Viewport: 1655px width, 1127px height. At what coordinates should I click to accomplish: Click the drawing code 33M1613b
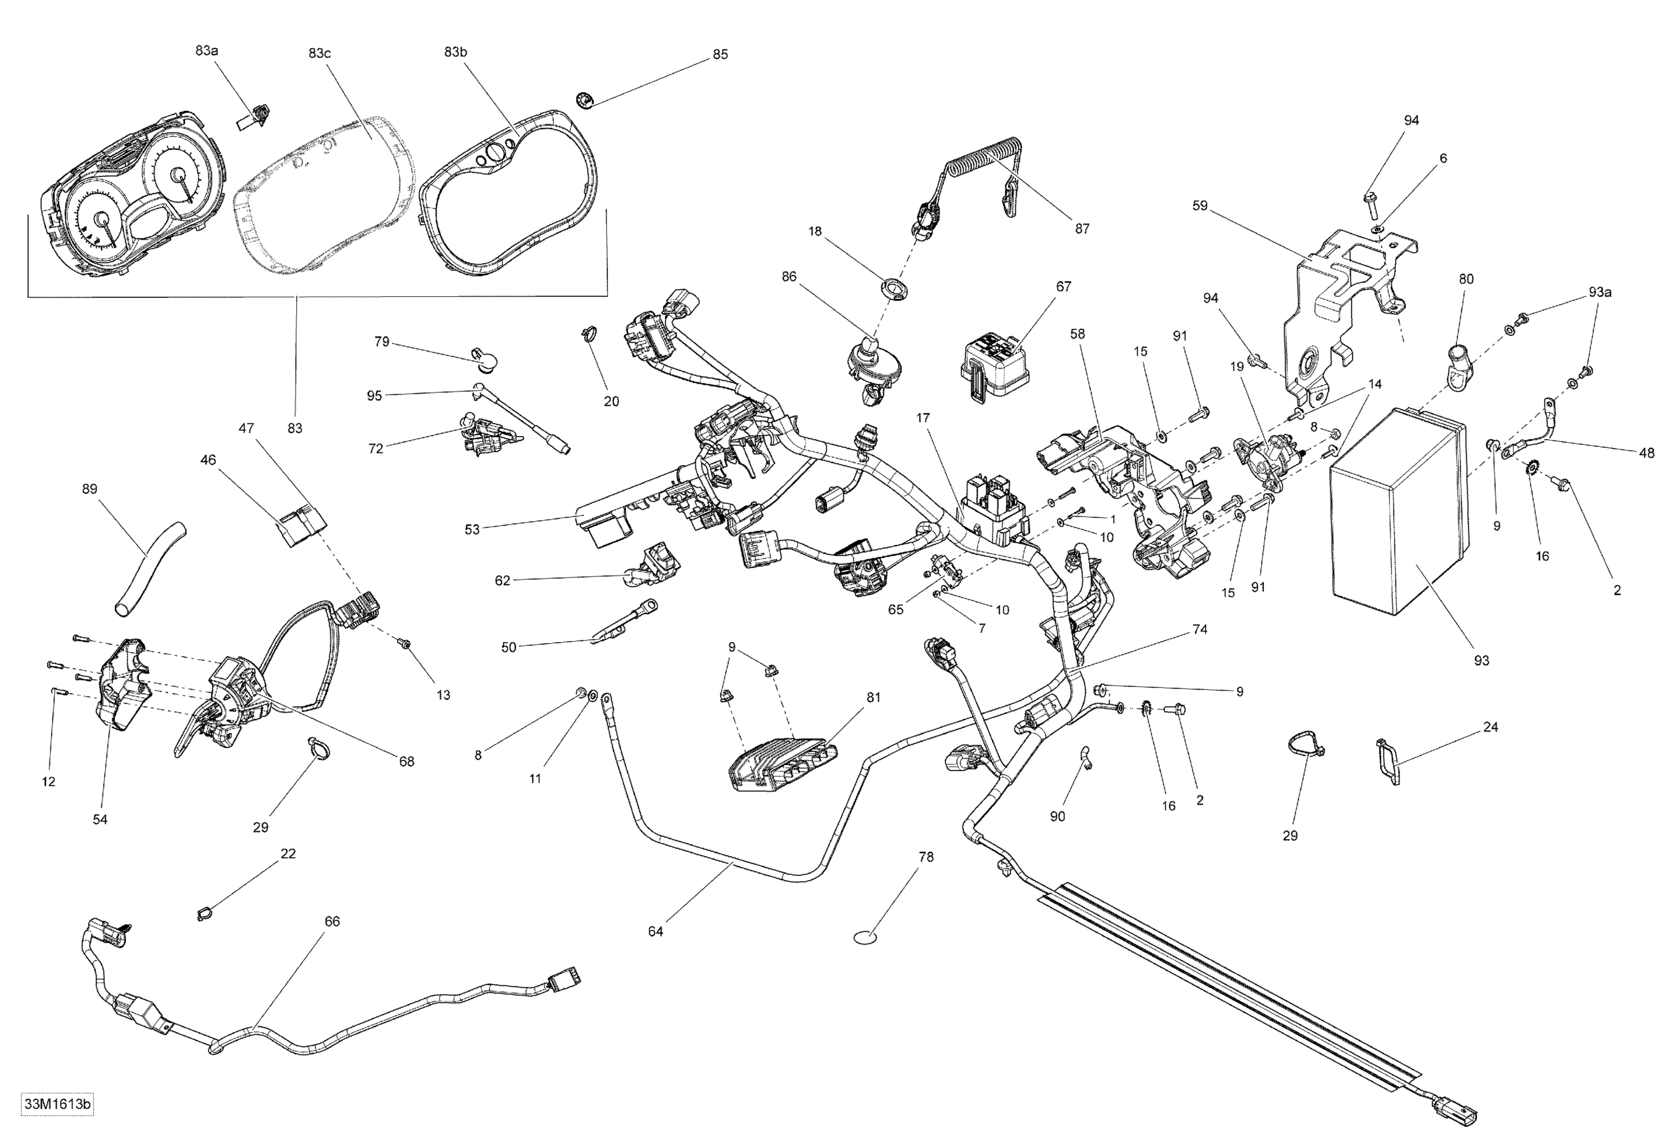tap(58, 1104)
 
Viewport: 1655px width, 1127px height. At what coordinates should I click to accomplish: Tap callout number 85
tap(720, 54)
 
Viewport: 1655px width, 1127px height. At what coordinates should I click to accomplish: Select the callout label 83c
tap(320, 53)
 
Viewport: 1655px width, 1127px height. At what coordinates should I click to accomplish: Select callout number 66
tap(332, 921)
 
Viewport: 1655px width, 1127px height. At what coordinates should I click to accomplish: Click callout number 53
tap(472, 529)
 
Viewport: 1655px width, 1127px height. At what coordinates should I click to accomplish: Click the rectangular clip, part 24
tap(1386, 762)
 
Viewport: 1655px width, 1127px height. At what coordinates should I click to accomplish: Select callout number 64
tap(655, 931)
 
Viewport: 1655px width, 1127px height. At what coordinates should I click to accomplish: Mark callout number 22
tap(288, 853)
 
